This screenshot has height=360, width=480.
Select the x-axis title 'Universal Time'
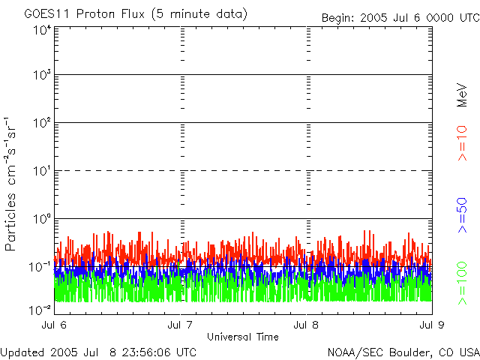(x=243, y=337)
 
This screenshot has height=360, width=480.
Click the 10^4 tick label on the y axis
(x=41, y=30)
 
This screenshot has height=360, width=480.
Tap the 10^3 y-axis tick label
(x=41, y=75)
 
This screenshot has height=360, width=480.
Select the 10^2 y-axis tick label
(x=41, y=123)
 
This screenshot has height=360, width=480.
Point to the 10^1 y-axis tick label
(x=41, y=171)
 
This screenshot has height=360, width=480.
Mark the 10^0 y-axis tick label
(x=41, y=219)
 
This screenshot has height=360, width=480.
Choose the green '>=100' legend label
(x=462, y=286)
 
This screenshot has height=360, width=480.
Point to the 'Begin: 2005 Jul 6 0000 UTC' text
(x=399, y=17)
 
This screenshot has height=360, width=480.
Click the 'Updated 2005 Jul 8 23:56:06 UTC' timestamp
(x=98, y=352)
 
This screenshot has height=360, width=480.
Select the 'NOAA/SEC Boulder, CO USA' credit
(x=403, y=352)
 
